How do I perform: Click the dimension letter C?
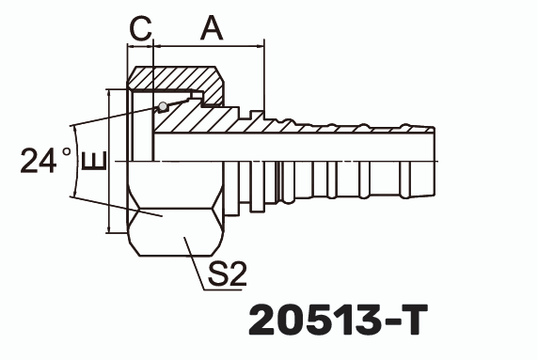[x=140, y=29]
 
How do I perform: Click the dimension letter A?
[x=212, y=29]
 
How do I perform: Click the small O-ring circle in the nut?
[x=163, y=105]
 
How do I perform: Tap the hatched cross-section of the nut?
[x=179, y=79]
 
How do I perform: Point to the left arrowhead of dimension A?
[x=160, y=47]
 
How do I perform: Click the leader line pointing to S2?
[x=193, y=253]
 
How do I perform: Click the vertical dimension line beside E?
[x=111, y=160]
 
